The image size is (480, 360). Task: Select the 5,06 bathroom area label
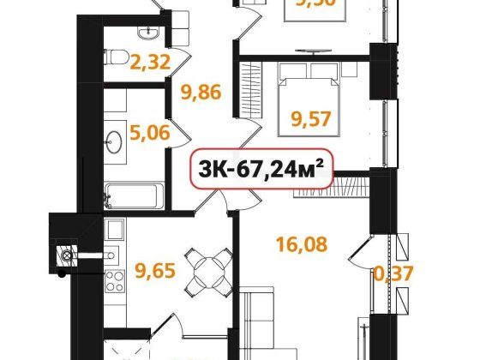coord(149,133)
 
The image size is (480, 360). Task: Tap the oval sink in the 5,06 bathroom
coord(114,138)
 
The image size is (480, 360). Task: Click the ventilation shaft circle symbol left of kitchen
coord(64,255)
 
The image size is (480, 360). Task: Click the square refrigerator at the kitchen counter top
coord(115,230)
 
